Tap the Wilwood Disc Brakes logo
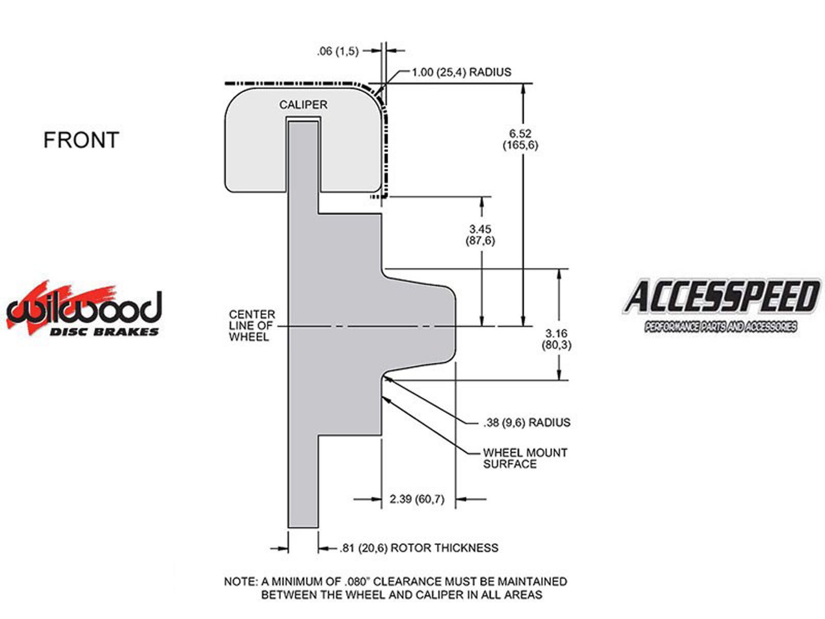(84, 308)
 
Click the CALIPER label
(303, 105)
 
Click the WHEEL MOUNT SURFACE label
(525, 458)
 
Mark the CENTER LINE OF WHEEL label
(252, 325)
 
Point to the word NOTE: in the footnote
(241, 581)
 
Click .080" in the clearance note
(357, 581)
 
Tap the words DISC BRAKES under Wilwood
(104, 332)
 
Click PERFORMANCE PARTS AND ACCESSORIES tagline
(720, 327)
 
